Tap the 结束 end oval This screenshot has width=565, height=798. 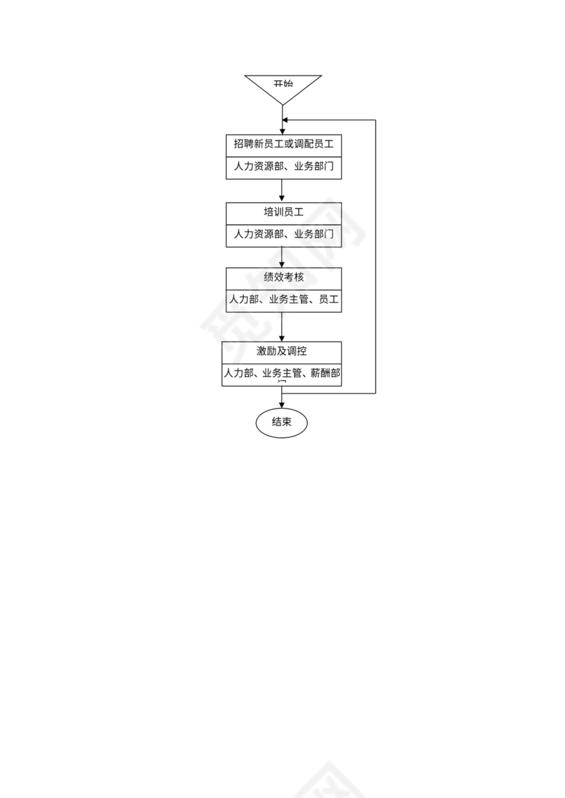coord(282,422)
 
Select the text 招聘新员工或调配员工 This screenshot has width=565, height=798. coord(283,144)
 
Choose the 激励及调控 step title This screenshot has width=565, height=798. coord(281,351)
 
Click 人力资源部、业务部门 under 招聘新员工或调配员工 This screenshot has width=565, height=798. coord(283,167)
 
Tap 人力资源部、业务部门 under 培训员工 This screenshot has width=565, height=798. coord(283,234)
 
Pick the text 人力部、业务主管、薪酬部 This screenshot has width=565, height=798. coord(282,373)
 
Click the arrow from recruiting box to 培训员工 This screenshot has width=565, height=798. coord(282,190)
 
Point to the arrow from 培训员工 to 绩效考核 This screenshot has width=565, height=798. coord(282,257)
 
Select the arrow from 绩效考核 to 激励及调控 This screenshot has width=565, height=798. coord(282,327)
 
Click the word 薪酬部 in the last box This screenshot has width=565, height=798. coord(325,373)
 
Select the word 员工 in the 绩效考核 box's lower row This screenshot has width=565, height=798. coord(329,299)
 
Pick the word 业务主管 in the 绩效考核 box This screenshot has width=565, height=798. coord(285,299)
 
